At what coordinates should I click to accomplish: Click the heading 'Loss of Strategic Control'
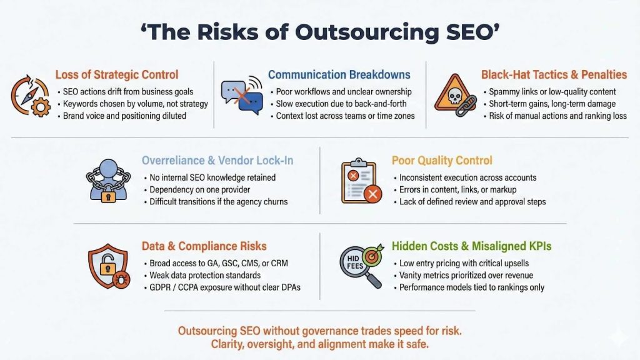point(116,75)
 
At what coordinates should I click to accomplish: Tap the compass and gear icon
point(30,96)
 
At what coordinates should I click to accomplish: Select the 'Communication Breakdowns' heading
point(339,75)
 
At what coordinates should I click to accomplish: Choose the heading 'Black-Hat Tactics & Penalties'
point(554,75)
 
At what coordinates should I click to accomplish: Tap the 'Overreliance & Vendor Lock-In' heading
point(217,161)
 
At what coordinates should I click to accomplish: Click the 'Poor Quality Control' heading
point(442,161)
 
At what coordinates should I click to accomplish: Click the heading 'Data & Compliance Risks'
point(203,247)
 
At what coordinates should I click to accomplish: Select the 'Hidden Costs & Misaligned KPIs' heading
point(471,247)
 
